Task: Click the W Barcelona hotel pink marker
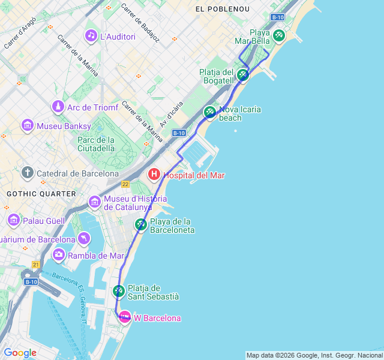pyautogui.click(x=125, y=317)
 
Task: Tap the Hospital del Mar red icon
pyautogui.click(x=154, y=175)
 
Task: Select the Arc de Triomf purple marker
pyautogui.click(x=58, y=107)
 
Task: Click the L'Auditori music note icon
pyautogui.click(x=91, y=35)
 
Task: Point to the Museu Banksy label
pyautogui.click(x=64, y=126)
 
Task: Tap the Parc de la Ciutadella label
pyautogui.click(x=96, y=144)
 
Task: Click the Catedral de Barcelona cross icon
pyautogui.click(x=27, y=173)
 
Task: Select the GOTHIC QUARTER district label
pyautogui.click(x=41, y=194)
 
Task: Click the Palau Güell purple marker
pyautogui.click(x=13, y=220)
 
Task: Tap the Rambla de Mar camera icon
pyautogui.click(x=59, y=254)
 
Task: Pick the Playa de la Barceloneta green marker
pyautogui.click(x=140, y=224)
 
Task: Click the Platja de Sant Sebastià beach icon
pyautogui.click(x=118, y=291)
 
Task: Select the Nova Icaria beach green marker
pyautogui.click(x=209, y=112)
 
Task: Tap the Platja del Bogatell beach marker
pyautogui.click(x=242, y=74)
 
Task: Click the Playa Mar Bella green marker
pyautogui.click(x=278, y=35)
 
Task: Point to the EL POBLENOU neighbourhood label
pyautogui.click(x=218, y=9)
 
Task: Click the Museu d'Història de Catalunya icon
pyautogui.click(x=94, y=202)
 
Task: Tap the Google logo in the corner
pyautogui.click(x=20, y=353)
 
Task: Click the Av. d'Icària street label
pyautogui.click(x=172, y=114)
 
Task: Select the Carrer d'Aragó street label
pyautogui.click(x=20, y=33)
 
